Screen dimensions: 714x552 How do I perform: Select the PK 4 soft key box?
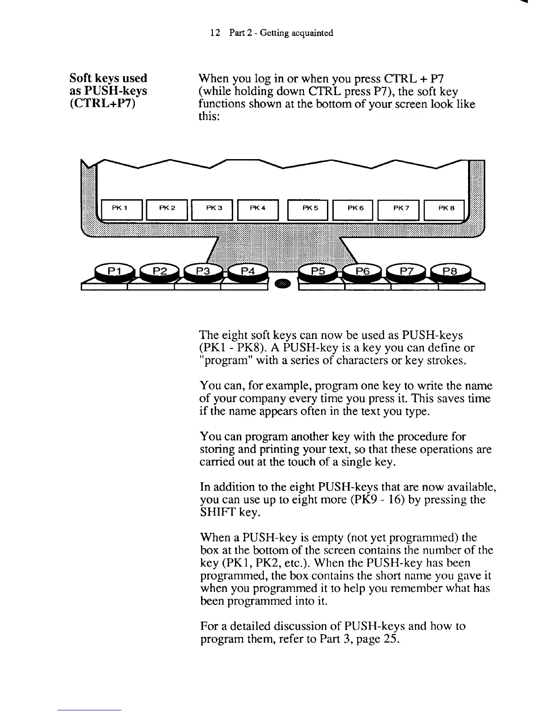click(x=258, y=208)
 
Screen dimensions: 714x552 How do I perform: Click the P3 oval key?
click(x=203, y=271)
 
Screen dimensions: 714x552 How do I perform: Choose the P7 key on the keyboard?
click(x=407, y=271)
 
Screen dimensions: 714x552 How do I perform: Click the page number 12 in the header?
click(x=215, y=33)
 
